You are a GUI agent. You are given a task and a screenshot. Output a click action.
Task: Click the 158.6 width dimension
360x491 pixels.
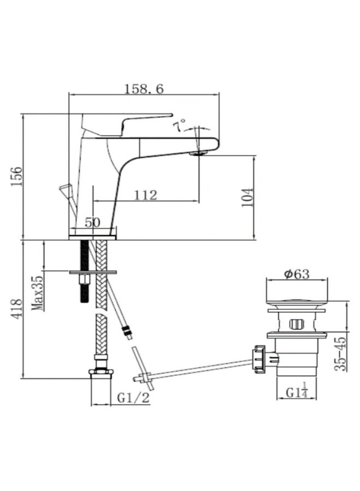point(144,89)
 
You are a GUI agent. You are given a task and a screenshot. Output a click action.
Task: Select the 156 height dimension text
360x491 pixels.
point(16,177)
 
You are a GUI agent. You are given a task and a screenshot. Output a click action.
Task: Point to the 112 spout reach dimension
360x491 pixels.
point(146,195)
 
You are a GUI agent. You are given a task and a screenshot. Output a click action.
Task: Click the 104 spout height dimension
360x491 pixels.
point(247,197)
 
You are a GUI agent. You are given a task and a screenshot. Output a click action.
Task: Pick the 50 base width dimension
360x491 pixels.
point(92,223)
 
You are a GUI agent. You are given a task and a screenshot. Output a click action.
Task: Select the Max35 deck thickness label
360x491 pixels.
point(38,293)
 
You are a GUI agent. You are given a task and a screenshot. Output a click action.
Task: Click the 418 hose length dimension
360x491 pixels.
point(16,309)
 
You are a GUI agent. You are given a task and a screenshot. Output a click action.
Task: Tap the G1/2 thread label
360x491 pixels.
point(133,398)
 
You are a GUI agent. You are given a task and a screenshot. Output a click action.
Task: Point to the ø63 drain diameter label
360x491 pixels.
point(296,274)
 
